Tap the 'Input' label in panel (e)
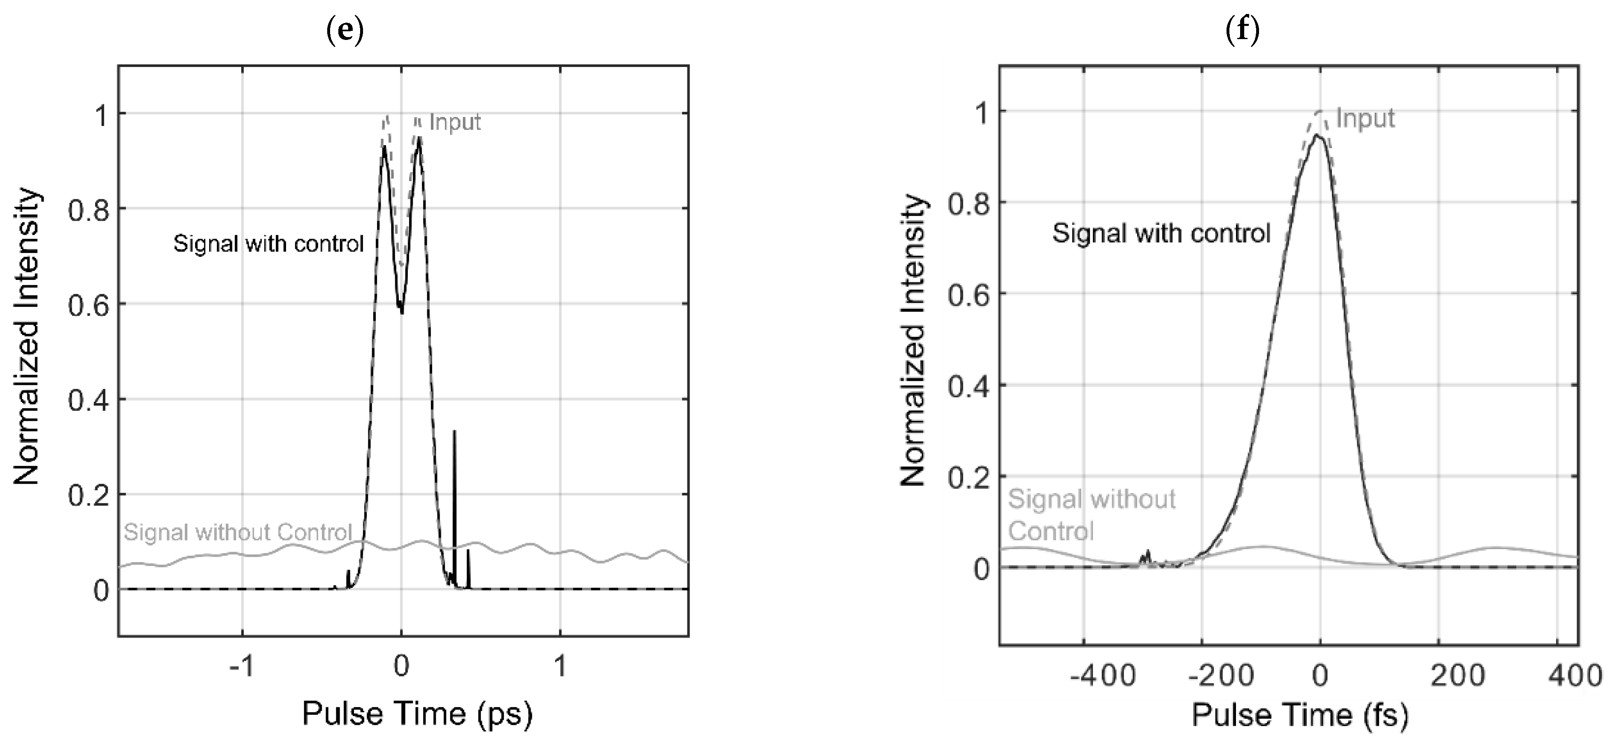(x=455, y=122)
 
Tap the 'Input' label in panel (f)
(x=1365, y=119)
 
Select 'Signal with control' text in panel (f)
(x=1161, y=233)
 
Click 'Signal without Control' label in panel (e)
(x=238, y=533)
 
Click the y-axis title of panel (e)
(x=27, y=338)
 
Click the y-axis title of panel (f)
(x=912, y=340)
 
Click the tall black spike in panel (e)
(x=455, y=476)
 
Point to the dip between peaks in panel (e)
(x=401, y=308)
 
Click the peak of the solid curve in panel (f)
(x=1317, y=136)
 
